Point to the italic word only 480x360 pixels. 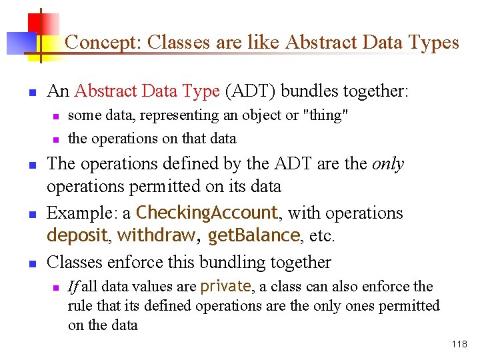(x=389, y=164)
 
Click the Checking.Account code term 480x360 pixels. (x=207, y=213)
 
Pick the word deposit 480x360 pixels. (x=77, y=236)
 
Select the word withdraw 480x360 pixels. (x=156, y=236)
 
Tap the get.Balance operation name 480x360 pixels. (x=254, y=236)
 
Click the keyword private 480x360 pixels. (x=225, y=287)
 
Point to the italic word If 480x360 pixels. (x=73, y=287)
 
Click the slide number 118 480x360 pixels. (x=459, y=345)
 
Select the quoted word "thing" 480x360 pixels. (x=325, y=115)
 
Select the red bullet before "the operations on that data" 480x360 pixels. (x=56, y=140)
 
